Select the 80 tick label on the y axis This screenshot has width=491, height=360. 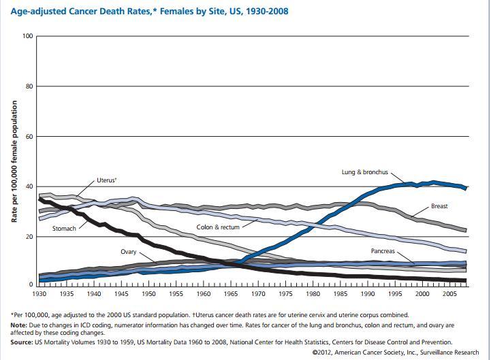coord(29,86)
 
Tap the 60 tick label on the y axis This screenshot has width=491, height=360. coord(29,137)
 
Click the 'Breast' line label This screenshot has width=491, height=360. coord(440,206)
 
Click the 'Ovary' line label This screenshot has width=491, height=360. coord(129,252)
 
